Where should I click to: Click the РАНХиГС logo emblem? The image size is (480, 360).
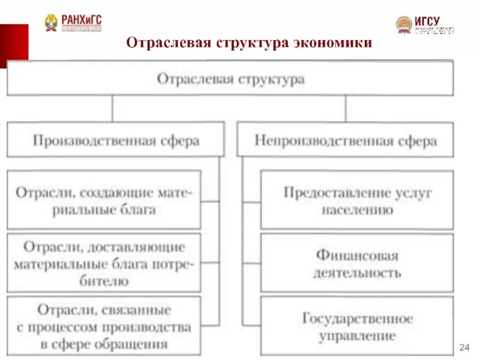(x=52, y=23)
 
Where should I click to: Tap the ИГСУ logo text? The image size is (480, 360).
(x=427, y=21)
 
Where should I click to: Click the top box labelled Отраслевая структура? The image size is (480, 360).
(x=230, y=79)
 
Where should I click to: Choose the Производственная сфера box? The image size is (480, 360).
(x=116, y=140)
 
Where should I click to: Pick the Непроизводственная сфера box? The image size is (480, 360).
(x=346, y=141)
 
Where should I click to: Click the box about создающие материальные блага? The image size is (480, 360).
(x=104, y=200)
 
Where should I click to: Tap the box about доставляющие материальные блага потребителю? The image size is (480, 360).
(x=104, y=263)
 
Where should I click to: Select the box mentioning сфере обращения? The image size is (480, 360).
(x=104, y=327)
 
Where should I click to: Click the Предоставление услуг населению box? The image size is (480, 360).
(x=357, y=200)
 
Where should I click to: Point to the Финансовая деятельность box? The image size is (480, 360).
(x=357, y=263)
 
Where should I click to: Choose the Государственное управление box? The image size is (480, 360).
(x=357, y=327)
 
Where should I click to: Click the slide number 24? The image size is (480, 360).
(x=464, y=347)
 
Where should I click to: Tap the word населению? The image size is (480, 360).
(x=358, y=210)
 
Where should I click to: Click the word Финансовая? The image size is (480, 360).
(x=357, y=255)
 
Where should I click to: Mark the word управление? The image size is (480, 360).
(x=358, y=336)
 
